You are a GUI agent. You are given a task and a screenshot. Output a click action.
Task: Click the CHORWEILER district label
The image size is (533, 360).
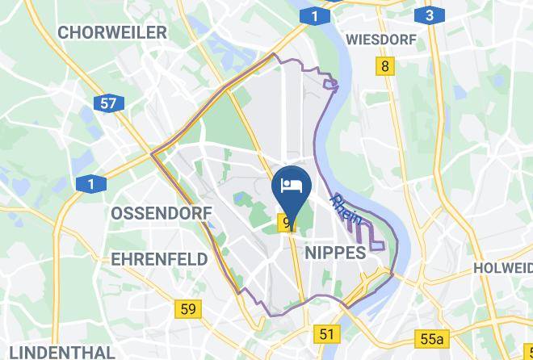(112, 32)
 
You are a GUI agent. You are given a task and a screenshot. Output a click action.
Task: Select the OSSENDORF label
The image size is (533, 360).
(161, 213)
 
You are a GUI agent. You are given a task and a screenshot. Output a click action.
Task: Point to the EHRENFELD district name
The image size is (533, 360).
(159, 259)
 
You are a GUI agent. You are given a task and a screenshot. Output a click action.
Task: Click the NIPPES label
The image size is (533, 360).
(336, 253)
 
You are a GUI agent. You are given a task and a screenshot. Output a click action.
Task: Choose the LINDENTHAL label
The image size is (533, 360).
(58, 352)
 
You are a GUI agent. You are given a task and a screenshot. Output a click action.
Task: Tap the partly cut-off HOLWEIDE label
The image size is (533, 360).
(502, 267)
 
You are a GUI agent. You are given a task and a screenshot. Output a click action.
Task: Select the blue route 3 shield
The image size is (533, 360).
(429, 15)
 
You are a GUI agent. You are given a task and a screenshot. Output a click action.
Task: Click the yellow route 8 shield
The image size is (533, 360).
(386, 66)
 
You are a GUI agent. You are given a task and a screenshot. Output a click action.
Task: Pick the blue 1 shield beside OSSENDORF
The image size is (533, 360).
(91, 185)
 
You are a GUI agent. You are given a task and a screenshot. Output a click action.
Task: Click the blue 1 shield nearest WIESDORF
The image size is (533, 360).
(313, 15)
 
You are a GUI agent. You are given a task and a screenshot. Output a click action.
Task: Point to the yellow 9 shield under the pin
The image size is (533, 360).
(287, 222)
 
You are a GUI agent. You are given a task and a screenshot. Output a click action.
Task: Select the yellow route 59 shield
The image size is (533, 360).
(188, 308)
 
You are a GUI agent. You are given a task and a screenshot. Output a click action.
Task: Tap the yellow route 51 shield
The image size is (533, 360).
(326, 334)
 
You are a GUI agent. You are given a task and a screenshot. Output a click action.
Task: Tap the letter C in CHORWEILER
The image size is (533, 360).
(64, 32)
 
